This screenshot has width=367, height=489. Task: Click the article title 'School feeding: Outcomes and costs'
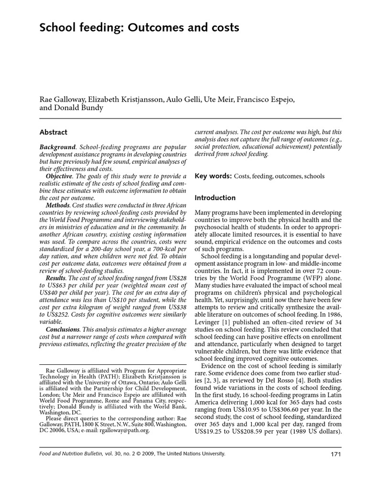(x=139, y=28)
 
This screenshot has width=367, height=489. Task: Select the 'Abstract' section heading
(x=53, y=132)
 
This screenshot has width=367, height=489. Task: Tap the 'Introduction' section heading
(x=215, y=198)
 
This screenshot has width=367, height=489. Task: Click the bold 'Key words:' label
(x=213, y=176)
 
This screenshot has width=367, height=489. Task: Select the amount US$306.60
(x=290, y=409)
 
